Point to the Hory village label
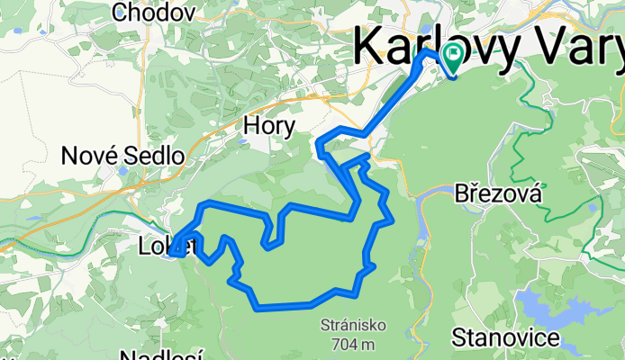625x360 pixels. pos(268,127)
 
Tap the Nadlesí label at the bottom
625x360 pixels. pos(162,355)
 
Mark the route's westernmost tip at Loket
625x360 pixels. pos(173,245)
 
